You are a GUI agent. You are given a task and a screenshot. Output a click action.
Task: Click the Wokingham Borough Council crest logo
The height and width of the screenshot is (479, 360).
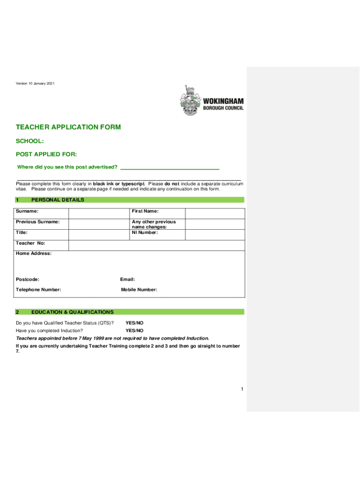click(x=189, y=102)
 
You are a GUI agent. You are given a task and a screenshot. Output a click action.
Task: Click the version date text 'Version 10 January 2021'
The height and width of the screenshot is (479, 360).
click(x=35, y=84)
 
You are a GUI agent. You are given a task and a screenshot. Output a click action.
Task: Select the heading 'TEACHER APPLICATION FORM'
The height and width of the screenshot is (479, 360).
click(x=68, y=127)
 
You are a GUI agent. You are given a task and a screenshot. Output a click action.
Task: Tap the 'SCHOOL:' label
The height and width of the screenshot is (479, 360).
click(x=30, y=141)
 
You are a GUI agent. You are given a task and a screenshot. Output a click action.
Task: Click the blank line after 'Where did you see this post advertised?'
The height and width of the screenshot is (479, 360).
click(x=170, y=167)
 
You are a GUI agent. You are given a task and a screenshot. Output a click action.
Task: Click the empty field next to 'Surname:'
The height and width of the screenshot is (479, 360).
click(x=99, y=211)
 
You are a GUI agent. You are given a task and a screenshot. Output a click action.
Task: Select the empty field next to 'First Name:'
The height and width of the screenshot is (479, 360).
click(x=215, y=211)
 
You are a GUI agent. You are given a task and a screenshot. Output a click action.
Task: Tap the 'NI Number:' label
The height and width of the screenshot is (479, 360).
click(x=145, y=232)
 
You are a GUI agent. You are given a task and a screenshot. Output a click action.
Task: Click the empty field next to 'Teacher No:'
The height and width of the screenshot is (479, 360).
click(x=156, y=245)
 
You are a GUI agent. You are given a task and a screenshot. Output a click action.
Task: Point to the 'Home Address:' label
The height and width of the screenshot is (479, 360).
click(x=34, y=254)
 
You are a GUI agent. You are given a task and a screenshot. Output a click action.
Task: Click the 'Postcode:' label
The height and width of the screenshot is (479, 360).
click(x=28, y=279)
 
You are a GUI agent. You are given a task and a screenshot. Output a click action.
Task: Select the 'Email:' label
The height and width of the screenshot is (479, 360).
click(x=128, y=279)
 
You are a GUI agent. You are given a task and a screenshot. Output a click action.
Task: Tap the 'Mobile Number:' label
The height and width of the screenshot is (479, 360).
click(x=139, y=290)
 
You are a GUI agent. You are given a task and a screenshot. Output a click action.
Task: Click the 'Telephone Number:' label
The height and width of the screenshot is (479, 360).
click(x=38, y=290)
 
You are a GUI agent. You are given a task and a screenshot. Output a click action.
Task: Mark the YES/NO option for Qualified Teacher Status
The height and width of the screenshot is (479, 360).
click(x=135, y=323)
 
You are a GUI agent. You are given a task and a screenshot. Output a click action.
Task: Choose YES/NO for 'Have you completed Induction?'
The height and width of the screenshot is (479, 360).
click(x=135, y=331)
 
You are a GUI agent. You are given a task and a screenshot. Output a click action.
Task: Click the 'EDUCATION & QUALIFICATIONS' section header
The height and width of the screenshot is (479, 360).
click(x=72, y=312)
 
